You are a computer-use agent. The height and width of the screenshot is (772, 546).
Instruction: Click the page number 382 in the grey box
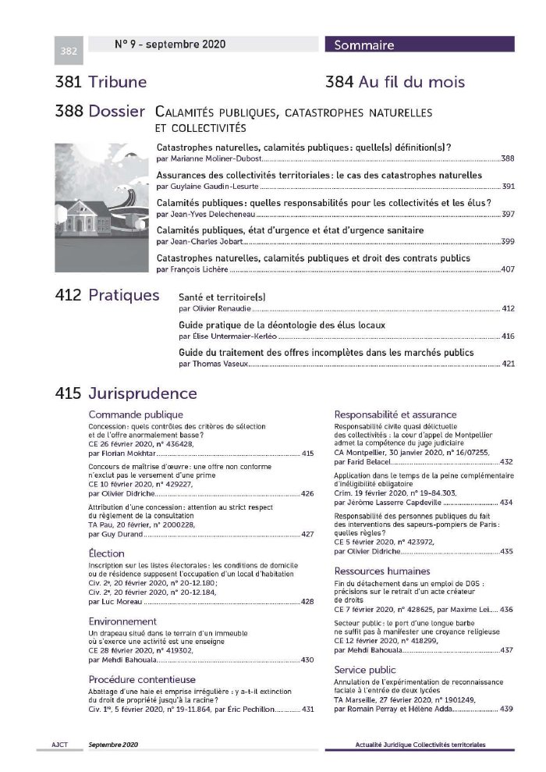(69, 52)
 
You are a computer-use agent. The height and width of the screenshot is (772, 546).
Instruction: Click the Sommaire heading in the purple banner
(364, 45)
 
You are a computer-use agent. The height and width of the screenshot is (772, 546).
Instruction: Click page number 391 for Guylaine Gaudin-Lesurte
(508, 187)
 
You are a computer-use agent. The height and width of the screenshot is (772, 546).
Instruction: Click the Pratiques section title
(124, 295)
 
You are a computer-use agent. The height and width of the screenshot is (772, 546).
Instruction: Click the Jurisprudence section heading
(143, 393)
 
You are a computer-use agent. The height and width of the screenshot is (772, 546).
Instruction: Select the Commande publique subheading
(136, 414)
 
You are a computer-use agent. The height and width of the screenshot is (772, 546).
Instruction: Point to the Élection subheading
(107, 553)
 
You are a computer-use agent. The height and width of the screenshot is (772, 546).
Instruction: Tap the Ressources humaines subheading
(381, 571)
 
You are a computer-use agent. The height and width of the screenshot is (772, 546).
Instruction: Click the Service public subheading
(364, 670)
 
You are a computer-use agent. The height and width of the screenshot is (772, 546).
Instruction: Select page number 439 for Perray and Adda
(506, 709)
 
